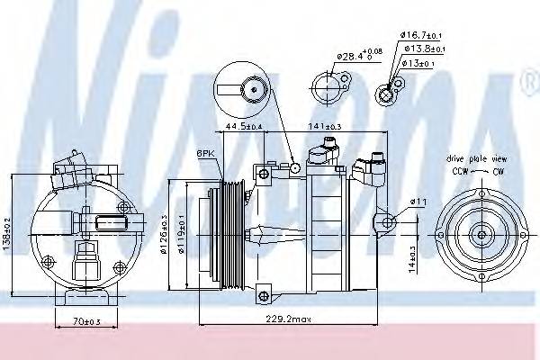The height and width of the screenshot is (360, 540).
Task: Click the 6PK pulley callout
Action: [x=205, y=154]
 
